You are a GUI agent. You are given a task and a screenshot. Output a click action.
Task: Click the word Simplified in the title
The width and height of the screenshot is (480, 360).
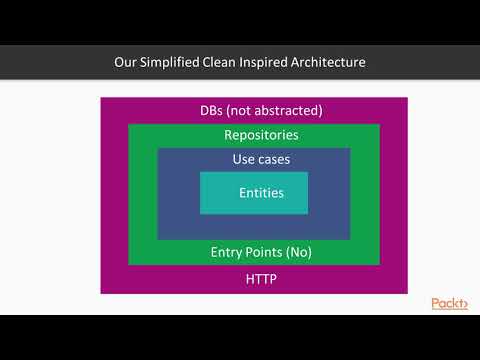point(173,62)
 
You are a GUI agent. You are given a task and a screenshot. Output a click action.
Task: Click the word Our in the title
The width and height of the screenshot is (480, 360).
point(127,62)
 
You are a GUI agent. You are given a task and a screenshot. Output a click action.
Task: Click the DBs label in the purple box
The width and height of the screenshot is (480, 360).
point(217,111)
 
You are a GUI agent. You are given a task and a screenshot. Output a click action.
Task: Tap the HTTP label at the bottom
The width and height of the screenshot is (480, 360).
point(261,279)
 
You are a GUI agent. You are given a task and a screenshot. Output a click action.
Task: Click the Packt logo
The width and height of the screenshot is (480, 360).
point(449,304)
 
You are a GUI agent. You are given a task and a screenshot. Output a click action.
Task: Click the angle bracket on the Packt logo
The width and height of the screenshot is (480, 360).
point(466,304)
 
